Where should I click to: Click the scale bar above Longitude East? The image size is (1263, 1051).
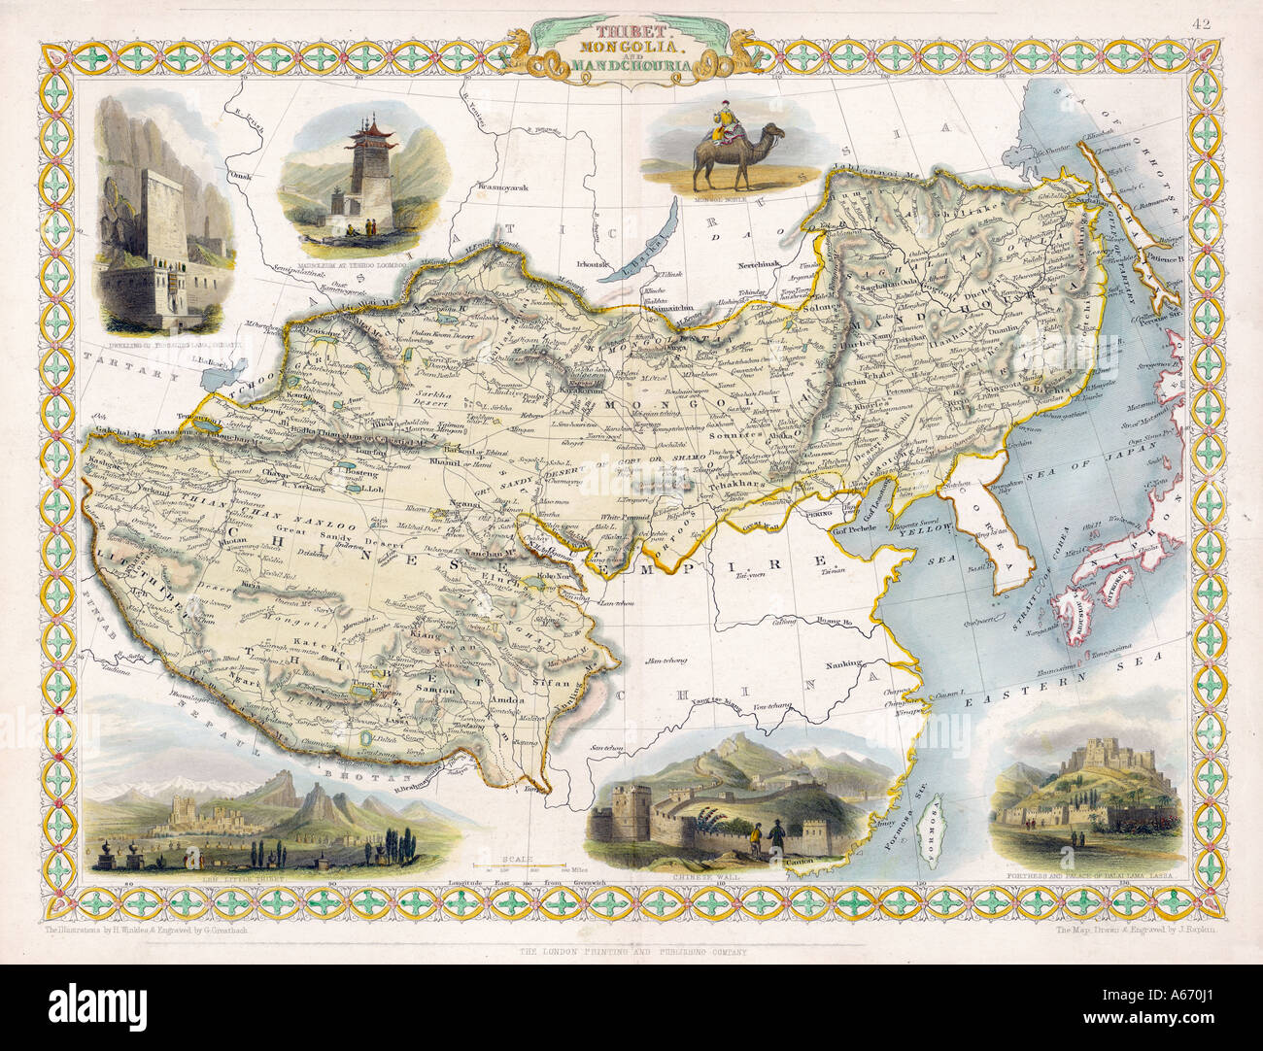click(x=521, y=863)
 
